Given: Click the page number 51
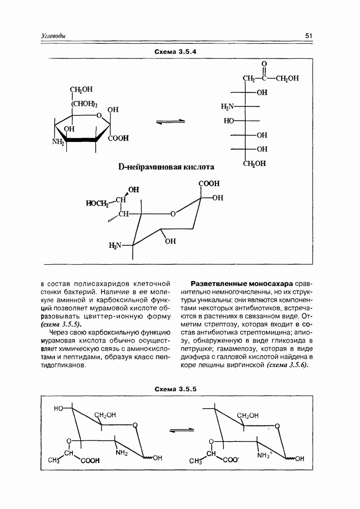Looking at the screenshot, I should [309, 36].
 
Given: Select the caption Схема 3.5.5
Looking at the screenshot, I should [176, 389].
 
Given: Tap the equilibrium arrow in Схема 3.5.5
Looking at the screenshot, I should [181, 431].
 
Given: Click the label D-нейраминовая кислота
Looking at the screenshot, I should [166, 167].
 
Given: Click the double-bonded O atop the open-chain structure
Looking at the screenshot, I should [264, 64].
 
